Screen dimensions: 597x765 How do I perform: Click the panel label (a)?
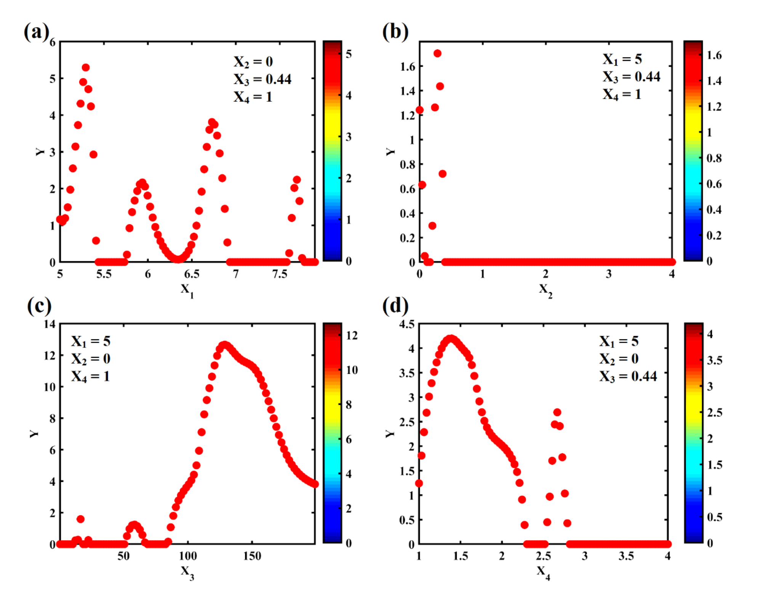(36, 32)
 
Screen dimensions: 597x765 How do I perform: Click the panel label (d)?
(395, 306)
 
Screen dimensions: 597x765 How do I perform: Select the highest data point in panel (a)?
(86, 67)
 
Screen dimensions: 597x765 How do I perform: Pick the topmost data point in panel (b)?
(437, 53)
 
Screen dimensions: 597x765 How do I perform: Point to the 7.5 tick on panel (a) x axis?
(280, 274)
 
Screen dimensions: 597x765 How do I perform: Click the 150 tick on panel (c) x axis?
(252, 556)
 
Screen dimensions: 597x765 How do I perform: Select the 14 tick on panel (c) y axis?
(50, 324)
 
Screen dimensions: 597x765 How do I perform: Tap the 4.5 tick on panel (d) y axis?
(407, 324)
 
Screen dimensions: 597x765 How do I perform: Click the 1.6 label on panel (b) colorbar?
(714, 56)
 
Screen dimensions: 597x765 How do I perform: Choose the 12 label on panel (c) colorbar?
(351, 336)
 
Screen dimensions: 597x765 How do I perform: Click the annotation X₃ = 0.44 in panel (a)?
(262, 79)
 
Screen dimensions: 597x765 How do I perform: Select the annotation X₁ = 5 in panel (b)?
(622, 59)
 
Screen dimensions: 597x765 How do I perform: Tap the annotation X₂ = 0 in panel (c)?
(90, 359)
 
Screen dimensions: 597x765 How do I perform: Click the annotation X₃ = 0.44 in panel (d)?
(628, 376)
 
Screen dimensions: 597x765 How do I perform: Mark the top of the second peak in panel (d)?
(557, 412)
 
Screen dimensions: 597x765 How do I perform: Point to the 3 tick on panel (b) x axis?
(608, 274)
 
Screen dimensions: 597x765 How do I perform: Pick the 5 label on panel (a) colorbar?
(348, 54)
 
